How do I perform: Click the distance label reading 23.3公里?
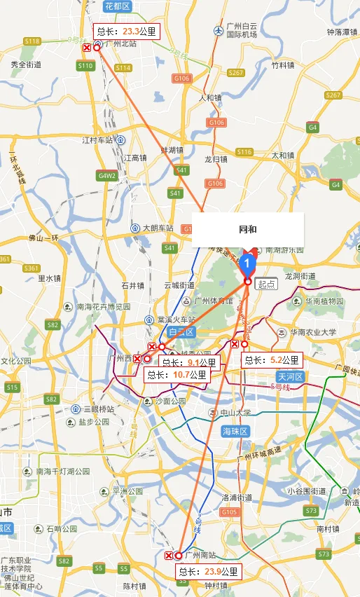[127, 32]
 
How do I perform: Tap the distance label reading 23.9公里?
[208, 571]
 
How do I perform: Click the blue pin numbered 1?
[247, 263]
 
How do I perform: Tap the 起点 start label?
[267, 284]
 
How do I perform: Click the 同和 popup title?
[247, 229]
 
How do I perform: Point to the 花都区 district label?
[116, 6]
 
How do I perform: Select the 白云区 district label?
[180, 332]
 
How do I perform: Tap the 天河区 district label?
[288, 377]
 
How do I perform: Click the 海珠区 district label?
[235, 430]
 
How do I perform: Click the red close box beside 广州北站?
[86, 48]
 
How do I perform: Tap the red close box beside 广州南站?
[169, 556]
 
